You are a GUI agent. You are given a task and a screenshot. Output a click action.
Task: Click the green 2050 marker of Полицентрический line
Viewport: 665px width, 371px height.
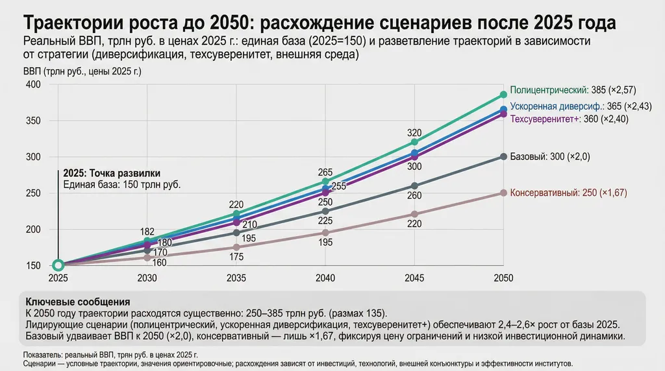pyautogui.click(x=503, y=95)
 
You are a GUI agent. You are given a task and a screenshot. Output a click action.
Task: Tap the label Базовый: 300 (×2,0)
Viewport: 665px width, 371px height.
pyautogui.click(x=551, y=157)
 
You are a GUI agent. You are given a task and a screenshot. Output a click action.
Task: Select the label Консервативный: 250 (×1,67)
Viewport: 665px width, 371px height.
pyautogui.click(x=569, y=193)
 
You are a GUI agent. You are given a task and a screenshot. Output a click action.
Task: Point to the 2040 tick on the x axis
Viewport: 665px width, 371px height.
pyautogui.click(x=325, y=278)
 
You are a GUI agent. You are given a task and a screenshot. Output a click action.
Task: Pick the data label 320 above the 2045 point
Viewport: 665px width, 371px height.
pyautogui.click(x=414, y=133)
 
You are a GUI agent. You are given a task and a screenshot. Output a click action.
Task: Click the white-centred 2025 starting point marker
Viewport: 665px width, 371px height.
pyautogui.click(x=58, y=265)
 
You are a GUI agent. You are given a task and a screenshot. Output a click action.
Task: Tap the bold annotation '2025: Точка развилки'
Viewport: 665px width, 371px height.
pyautogui.click(x=112, y=174)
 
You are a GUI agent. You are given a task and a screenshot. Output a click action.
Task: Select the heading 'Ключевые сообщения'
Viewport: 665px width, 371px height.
pyautogui.click(x=77, y=302)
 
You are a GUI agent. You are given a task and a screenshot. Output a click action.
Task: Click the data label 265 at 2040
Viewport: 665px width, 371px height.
pyautogui.click(x=325, y=173)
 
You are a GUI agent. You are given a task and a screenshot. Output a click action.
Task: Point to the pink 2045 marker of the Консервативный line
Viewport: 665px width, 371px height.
pyautogui.click(x=414, y=214)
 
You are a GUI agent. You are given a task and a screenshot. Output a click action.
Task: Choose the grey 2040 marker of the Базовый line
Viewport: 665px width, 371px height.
pyautogui.click(x=325, y=211)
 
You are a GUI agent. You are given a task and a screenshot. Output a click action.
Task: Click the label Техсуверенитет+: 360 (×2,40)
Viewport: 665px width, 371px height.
pyautogui.click(x=570, y=119)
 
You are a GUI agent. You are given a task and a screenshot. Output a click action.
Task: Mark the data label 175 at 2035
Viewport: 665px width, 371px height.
pyautogui.click(x=236, y=257)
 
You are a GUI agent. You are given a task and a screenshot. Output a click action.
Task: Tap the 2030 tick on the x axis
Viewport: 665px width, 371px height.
pyautogui.click(x=147, y=278)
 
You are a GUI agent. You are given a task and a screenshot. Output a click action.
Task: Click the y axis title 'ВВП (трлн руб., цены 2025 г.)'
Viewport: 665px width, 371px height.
pyautogui.click(x=82, y=71)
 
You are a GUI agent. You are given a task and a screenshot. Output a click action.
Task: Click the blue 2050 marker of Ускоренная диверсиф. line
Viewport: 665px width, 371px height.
pyautogui.click(x=503, y=110)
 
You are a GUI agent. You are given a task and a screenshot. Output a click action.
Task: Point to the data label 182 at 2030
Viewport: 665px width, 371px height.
pyautogui.click(x=147, y=232)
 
